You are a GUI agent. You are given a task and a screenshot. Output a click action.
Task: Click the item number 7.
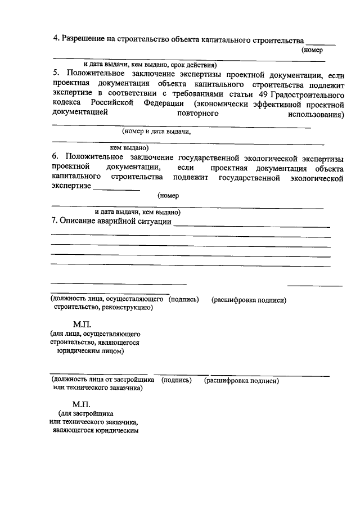[55, 222]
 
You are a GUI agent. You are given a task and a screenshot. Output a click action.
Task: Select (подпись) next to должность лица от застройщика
[176, 381]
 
